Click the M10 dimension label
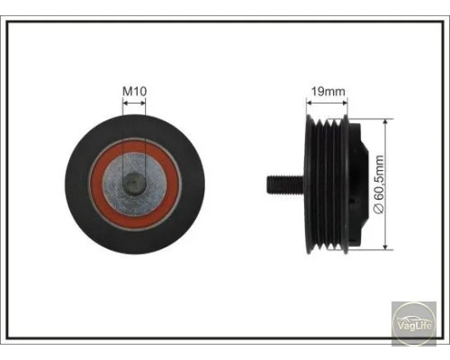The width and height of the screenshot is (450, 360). coord(134,91)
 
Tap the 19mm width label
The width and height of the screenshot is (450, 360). coord(328,91)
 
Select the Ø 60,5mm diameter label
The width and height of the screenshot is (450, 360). coord(380,184)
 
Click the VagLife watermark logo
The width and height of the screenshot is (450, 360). coord(414,324)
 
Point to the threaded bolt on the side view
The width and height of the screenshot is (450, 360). coord(285,185)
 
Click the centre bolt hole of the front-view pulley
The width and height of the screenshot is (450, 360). coord(134,184)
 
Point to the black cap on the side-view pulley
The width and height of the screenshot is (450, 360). coord(359,184)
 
